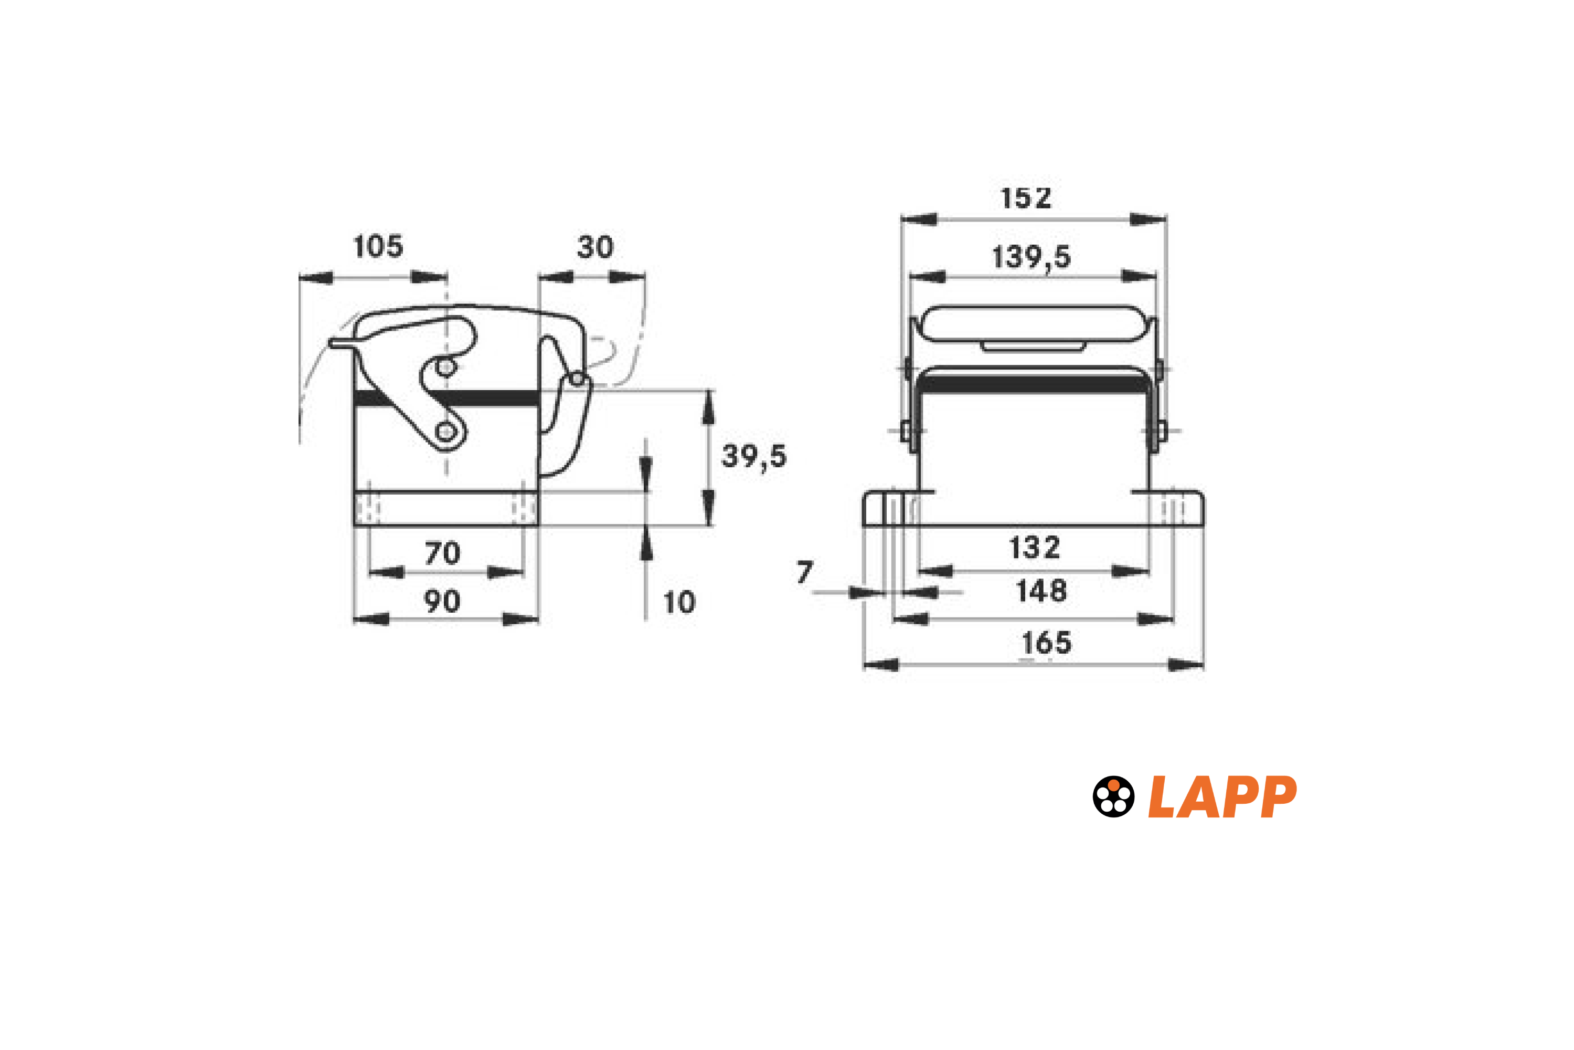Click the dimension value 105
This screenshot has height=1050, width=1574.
pyautogui.click(x=378, y=246)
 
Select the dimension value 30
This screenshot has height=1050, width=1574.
pyautogui.click(x=595, y=247)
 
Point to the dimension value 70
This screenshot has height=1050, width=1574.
pyautogui.click(x=442, y=553)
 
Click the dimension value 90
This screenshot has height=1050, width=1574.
pyautogui.click(x=442, y=601)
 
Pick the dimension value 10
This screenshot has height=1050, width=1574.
pyautogui.click(x=679, y=603)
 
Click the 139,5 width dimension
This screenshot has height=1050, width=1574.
pyautogui.click(x=1031, y=257)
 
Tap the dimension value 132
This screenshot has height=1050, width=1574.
pyautogui.click(x=1035, y=548)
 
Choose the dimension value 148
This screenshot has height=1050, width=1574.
pyautogui.click(x=1041, y=591)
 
